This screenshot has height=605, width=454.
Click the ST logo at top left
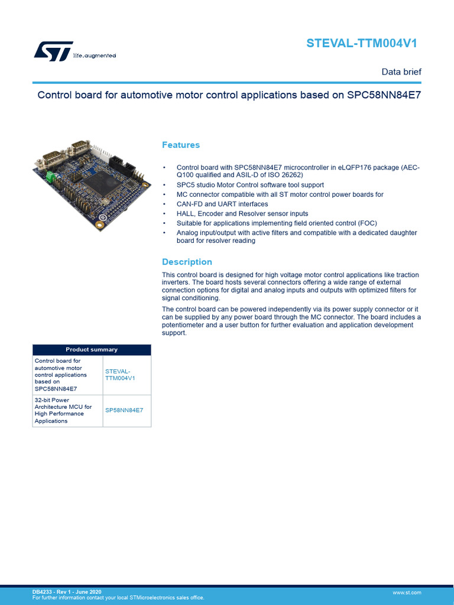click(53, 51)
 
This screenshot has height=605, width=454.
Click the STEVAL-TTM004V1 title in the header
click(365, 43)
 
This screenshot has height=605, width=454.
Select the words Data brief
click(401, 71)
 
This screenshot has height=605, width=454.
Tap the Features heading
click(181, 145)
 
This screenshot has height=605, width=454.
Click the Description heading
click(187, 262)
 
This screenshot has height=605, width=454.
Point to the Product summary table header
click(92, 349)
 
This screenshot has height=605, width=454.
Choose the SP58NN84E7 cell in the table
click(124, 409)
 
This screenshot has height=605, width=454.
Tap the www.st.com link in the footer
click(407, 592)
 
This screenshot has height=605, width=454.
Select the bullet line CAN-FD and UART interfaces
click(222, 204)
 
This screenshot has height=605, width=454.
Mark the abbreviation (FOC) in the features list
click(367, 223)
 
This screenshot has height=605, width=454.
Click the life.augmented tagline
click(94, 56)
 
